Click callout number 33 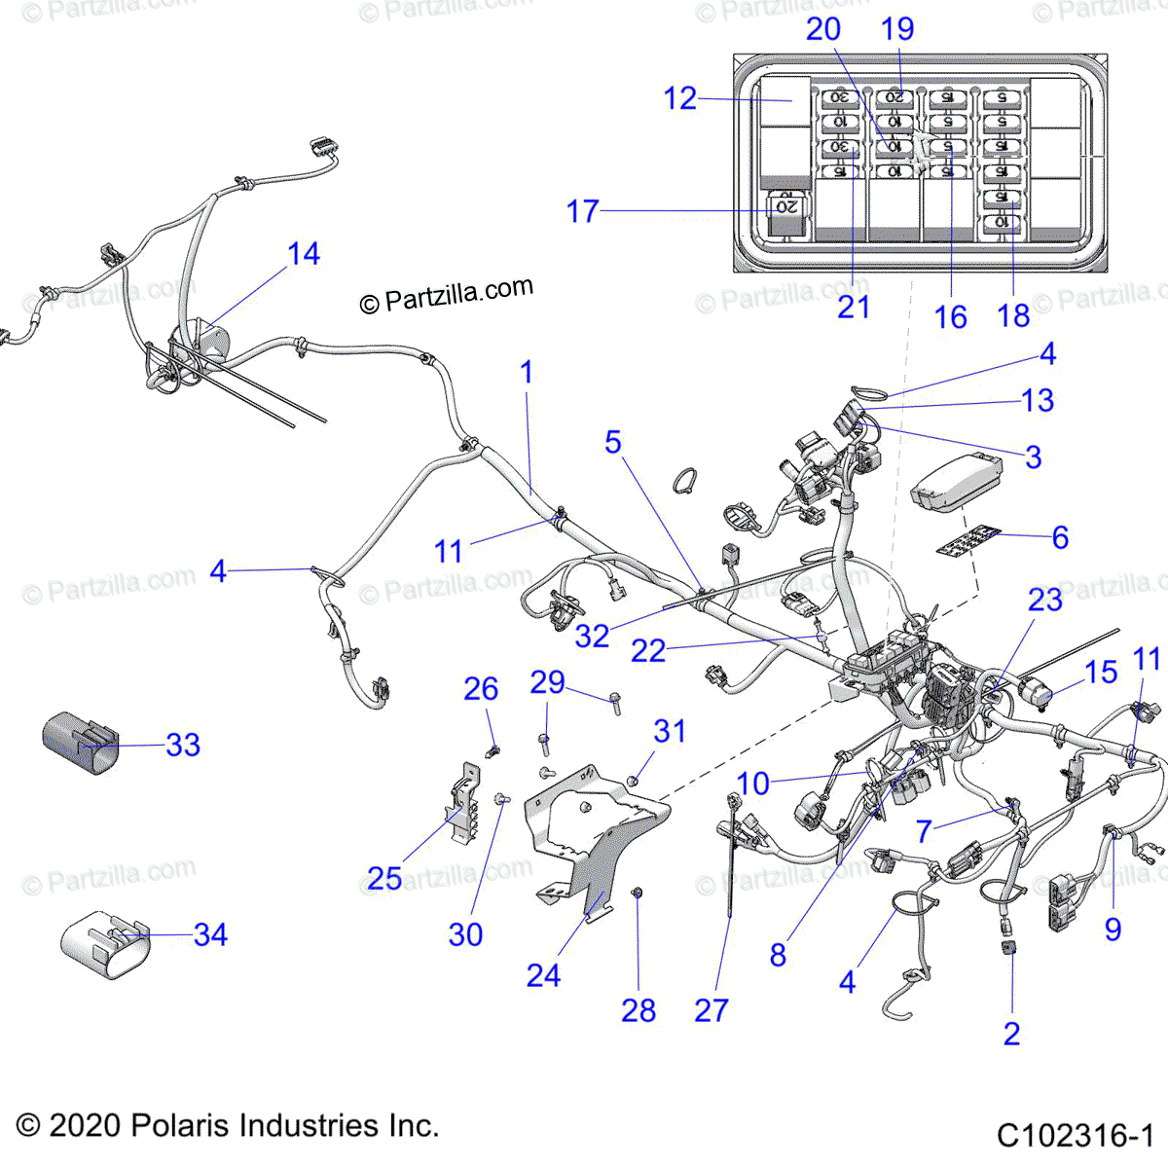(183, 745)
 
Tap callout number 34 (210, 934)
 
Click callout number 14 (304, 254)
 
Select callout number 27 (711, 1010)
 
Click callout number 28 (639, 1010)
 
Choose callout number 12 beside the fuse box (680, 98)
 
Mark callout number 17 (583, 211)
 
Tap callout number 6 (1060, 536)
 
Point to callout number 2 (1011, 1033)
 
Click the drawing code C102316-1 (1075, 1135)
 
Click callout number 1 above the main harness (527, 372)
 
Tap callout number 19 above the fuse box (897, 29)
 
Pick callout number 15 (1101, 672)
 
